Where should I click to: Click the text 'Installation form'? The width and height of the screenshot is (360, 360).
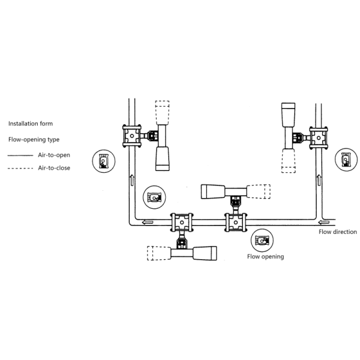(x=31, y=124)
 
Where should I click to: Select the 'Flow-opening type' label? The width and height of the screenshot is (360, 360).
(x=34, y=140)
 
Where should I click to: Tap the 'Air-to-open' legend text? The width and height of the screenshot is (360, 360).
(x=54, y=155)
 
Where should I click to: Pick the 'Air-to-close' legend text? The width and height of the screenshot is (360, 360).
(x=54, y=168)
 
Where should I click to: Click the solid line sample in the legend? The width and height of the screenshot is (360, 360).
(x=20, y=155)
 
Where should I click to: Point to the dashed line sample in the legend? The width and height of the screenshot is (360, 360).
(x=20, y=168)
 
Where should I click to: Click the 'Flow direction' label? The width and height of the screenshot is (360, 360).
(x=338, y=232)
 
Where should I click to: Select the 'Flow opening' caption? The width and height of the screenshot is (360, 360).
(x=266, y=256)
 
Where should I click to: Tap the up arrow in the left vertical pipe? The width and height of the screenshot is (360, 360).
(x=132, y=180)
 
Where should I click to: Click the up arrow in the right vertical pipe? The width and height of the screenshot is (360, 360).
(x=319, y=180)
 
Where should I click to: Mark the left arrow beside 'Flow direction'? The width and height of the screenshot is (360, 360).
(x=324, y=222)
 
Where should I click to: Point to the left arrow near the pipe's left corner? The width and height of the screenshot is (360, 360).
(x=148, y=222)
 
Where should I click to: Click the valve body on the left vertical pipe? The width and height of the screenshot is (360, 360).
(x=132, y=136)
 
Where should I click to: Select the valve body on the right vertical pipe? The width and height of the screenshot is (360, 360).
(x=319, y=138)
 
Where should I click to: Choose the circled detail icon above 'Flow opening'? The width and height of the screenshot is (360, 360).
(x=262, y=241)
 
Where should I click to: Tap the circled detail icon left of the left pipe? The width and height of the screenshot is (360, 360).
(x=104, y=161)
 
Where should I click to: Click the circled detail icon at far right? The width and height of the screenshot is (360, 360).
(x=346, y=160)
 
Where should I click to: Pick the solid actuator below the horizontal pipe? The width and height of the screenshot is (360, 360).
(x=205, y=253)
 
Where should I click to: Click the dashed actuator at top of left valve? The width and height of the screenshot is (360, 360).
(x=163, y=113)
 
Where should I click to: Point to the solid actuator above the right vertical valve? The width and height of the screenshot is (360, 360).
(x=289, y=115)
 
